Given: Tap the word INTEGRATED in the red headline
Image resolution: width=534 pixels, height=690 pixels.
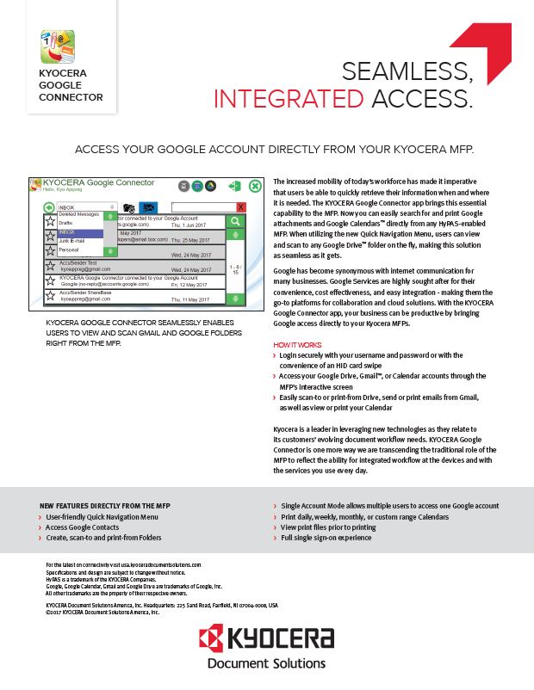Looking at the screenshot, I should click(289, 100).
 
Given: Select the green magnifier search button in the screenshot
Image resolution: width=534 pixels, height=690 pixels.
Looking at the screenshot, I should click(235, 222).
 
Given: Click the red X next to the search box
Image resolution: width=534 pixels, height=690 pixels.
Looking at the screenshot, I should click(240, 207).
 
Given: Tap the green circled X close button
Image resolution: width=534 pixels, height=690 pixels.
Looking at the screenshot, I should click(255, 187).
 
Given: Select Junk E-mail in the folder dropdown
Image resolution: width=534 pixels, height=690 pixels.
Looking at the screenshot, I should click(72, 241).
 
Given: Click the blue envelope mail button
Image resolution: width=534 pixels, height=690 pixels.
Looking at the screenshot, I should click(148, 207).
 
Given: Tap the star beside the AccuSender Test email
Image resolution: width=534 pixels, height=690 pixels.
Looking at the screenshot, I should click(50, 267).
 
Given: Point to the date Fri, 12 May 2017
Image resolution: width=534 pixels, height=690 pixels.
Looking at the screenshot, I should click(191, 284).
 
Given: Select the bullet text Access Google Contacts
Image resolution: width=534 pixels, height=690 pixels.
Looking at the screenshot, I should click(79, 527).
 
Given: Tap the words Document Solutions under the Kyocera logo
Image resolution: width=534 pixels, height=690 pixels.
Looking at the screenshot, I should click(267, 663).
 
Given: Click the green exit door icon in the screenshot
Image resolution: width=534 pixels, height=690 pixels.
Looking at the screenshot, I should click(233, 186).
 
